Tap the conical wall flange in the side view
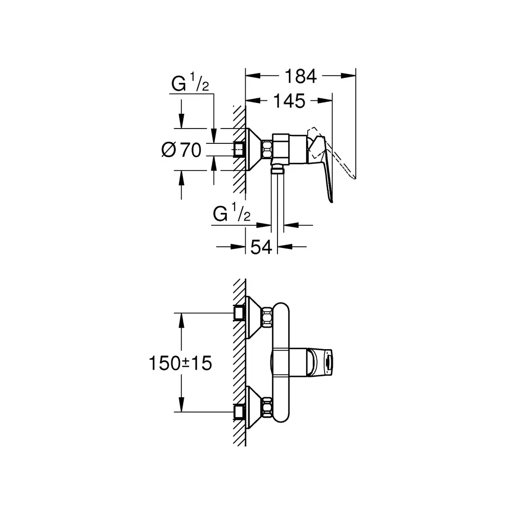tap(254, 150)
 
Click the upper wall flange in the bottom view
tap(254, 317)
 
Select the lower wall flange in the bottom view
tap(254, 408)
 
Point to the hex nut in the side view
tap(267, 150)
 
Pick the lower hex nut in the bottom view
tap(267, 408)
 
